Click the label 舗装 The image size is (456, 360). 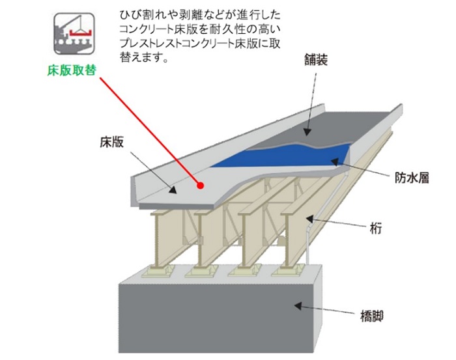315,60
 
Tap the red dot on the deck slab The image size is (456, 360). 202,186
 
